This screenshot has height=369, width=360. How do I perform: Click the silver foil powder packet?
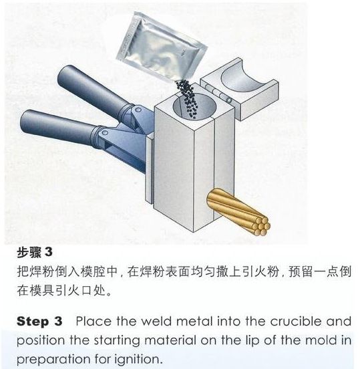point(161,47)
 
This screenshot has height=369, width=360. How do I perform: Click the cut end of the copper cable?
point(261,227)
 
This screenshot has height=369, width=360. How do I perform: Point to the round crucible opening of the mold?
point(194,106)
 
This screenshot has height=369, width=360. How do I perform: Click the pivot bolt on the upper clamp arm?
point(139,110)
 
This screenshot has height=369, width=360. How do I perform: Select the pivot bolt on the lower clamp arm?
point(105,133)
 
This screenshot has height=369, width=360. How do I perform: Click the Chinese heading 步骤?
point(29,252)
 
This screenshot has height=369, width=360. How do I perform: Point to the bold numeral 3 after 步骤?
point(49,252)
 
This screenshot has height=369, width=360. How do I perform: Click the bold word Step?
point(33,322)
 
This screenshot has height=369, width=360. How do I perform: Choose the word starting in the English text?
point(117,341)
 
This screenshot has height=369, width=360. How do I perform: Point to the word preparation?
point(53,360)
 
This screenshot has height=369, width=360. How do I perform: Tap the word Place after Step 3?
point(94,322)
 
